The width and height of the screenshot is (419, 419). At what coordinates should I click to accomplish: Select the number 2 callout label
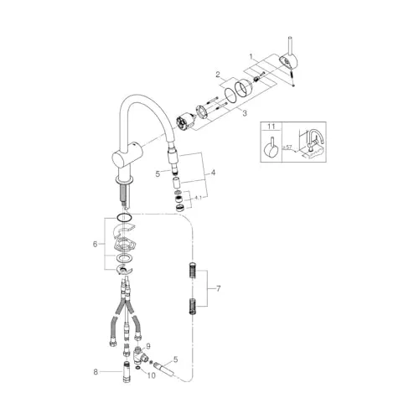219,75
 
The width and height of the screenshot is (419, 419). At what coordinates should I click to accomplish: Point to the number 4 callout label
214,173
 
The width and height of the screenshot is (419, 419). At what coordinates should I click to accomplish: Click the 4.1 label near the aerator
198,198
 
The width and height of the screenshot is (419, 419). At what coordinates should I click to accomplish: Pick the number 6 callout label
95,244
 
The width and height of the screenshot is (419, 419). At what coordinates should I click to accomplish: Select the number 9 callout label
148,346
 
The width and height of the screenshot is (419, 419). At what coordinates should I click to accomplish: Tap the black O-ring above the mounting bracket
124,218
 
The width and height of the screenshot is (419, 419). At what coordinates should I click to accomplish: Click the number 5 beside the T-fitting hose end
175,359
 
